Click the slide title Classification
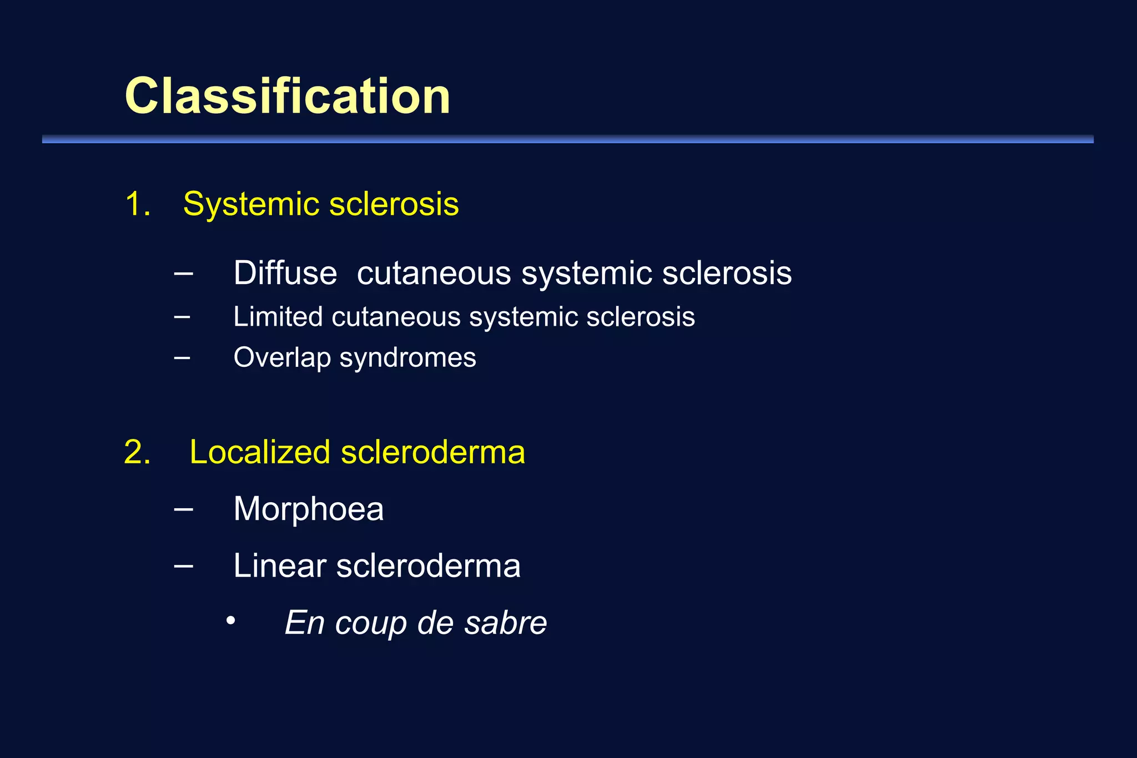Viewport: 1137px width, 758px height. click(288, 96)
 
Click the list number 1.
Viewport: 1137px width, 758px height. click(138, 204)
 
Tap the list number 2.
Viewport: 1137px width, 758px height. click(137, 452)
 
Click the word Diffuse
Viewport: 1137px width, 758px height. click(285, 273)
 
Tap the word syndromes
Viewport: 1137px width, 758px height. click(407, 358)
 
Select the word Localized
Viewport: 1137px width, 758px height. click(260, 452)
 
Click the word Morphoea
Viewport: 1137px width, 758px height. click(308, 509)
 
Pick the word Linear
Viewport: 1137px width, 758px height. click(279, 566)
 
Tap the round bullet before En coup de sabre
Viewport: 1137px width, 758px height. click(231, 620)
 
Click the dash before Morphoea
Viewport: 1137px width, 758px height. click(183, 508)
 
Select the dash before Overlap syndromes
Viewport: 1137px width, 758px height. click(182, 357)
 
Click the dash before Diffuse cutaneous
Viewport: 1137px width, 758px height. click(183, 273)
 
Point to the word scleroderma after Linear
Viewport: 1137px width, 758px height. click(428, 566)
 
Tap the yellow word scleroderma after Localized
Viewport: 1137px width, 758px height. click(432, 452)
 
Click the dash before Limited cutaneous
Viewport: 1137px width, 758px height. click(182, 317)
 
